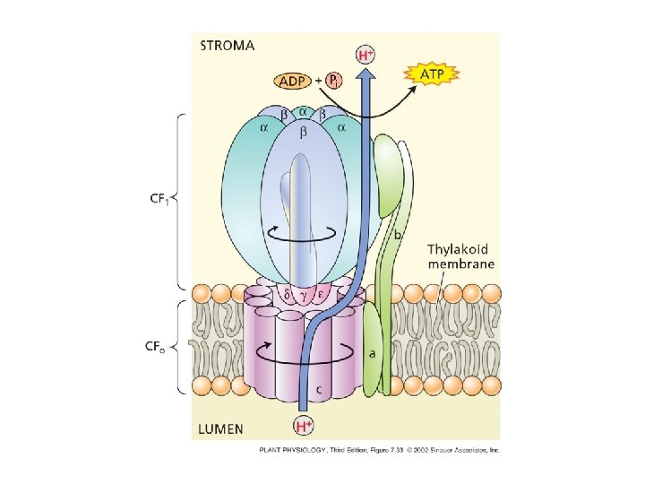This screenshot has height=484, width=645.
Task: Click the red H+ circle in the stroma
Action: click(x=366, y=54)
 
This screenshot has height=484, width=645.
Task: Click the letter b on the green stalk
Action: click(x=396, y=234)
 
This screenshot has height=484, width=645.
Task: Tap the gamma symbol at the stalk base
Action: click(x=305, y=295)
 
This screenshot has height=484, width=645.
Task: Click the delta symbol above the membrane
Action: click(x=286, y=293)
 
